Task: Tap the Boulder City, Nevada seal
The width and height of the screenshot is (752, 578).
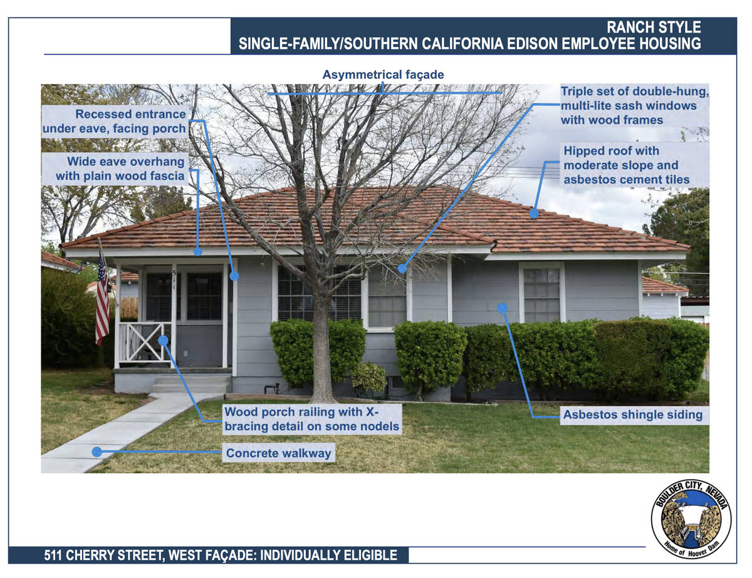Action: (x=691, y=519)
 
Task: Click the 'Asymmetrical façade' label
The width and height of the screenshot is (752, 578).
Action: (x=383, y=75)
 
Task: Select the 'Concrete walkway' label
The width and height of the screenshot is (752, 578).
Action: (x=279, y=453)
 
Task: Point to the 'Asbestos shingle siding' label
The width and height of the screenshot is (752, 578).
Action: (x=632, y=415)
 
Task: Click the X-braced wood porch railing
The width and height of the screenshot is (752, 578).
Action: (x=145, y=343)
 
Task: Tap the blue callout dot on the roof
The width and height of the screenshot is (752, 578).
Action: (x=534, y=214)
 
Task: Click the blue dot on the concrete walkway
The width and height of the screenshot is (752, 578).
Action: (x=97, y=452)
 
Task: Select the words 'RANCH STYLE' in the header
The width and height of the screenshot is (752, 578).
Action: (x=654, y=28)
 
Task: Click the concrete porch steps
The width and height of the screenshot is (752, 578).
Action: (x=191, y=384)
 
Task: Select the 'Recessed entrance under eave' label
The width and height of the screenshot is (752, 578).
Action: (x=114, y=121)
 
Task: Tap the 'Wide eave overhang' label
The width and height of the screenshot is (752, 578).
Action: (x=120, y=168)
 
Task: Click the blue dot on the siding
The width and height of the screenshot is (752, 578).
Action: (x=503, y=307)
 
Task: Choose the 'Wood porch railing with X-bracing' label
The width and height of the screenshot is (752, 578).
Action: (x=312, y=419)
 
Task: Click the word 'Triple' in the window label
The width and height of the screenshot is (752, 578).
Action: (x=578, y=91)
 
